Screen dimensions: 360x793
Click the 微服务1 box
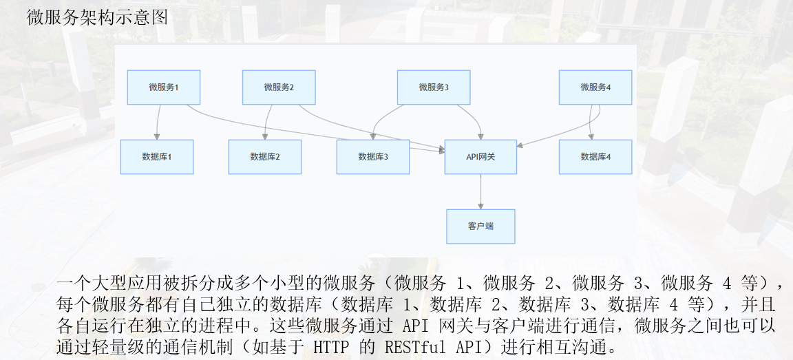[x=164, y=87]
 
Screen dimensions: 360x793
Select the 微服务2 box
[x=279, y=87]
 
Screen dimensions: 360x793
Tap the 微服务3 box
[x=434, y=87]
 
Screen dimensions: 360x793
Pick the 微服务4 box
[x=595, y=87]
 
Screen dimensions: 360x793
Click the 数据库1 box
[x=157, y=157]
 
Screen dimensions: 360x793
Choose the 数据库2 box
[x=265, y=157]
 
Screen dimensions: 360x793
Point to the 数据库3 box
[x=373, y=157]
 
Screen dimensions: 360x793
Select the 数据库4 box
[x=595, y=157]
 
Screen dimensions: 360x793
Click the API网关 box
[x=480, y=157]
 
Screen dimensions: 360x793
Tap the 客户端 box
[x=480, y=226]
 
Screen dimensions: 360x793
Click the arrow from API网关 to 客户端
[x=480, y=191]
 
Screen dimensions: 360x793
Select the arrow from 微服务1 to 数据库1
[x=158, y=122]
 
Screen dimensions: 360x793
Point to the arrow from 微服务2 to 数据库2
[x=267, y=122]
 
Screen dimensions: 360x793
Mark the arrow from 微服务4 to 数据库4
[x=592, y=122]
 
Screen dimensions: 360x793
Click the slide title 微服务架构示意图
[x=97, y=18]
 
